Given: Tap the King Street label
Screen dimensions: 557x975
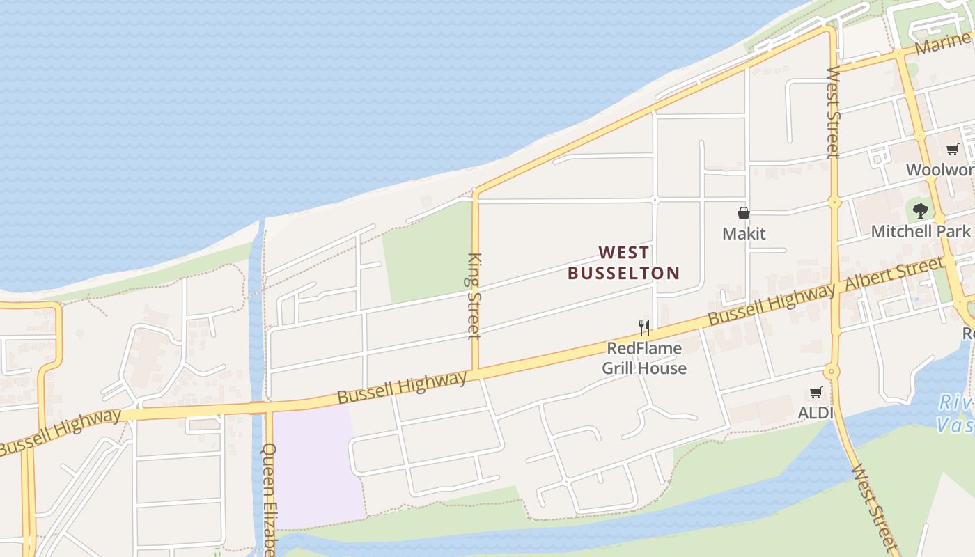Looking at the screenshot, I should (x=474, y=296).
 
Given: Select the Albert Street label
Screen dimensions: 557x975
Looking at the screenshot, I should (x=894, y=274).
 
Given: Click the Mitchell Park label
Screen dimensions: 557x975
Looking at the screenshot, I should (x=920, y=231).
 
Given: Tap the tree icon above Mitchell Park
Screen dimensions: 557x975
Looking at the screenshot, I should (x=921, y=210).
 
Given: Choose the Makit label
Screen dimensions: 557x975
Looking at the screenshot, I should (x=744, y=233).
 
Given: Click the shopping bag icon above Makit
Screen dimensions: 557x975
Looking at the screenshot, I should (x=744, y=214).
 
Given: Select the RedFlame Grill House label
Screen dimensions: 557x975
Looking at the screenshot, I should (x=644, y=358).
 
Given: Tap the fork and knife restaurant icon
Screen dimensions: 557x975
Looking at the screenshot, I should (x=644, y=327).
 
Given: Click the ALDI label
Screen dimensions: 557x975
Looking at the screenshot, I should (x=816, y=413).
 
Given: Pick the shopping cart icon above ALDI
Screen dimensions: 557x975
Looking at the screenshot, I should (x=816, y=393).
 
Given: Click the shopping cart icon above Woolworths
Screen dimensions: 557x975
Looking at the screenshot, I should (x=952, y=149).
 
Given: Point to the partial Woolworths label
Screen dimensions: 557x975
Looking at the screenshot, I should (x=939, y=170).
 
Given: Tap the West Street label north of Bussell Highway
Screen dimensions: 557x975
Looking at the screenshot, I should (x=834, y=111).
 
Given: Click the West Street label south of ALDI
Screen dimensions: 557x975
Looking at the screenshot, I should (x=872, y=506).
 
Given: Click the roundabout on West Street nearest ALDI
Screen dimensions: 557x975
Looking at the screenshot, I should (x=832, y=371).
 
